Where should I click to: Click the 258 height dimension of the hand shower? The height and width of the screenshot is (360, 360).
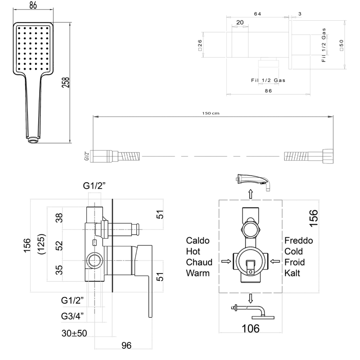(x=65, y=82)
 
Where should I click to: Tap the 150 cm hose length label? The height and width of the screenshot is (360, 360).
(x=211, y=113)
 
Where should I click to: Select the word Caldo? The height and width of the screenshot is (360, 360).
(x=198, y=241)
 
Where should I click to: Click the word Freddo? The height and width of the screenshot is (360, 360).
(x=298, y=241)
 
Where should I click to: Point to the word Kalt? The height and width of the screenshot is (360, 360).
(x=292, y=273)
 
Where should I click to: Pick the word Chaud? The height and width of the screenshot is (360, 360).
(x=199, y=262)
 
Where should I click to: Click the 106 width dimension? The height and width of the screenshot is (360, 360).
(x=251, y=328)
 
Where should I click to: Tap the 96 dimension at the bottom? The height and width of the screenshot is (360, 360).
(x=126, y=345)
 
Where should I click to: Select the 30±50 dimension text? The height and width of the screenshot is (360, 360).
(x=74, y=333)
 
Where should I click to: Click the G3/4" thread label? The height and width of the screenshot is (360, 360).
(x=72, y=316)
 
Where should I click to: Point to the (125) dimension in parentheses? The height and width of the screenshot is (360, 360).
(x=41, y=244)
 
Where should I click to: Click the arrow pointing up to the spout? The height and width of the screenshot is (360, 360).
(x=251, y=194)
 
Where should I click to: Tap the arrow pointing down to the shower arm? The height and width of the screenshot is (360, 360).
(x=251, y=298)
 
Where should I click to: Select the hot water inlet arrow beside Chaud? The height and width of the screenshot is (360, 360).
(x=226, y=261)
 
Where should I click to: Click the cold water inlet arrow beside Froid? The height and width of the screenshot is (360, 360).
(x=275, y=261)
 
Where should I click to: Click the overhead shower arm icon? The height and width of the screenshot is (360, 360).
(x=252, y=312)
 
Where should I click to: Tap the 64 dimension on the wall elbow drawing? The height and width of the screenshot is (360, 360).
(x=257, y=14)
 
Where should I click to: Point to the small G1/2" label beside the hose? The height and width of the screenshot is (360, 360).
(x=86, y=156)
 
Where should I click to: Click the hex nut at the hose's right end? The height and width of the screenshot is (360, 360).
(x=328, y=156)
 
